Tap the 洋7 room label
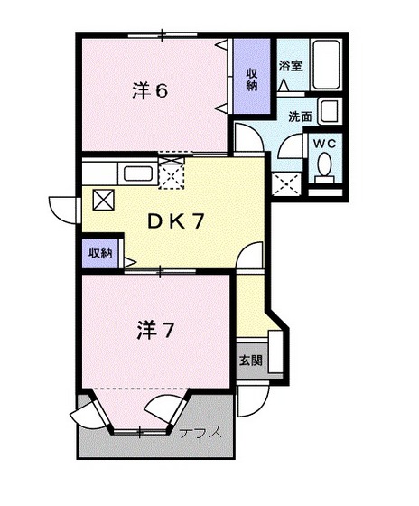pyautogui.click(x=154, y=330)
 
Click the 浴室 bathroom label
pyautogui.click(x=291, y=66)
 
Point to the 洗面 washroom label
pyautogui.click(x=301, y=116)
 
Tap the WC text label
pyautogui.click(x=323, y=143)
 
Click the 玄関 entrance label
pyautogui.click(x=251, y=361)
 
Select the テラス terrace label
pyautogui.click(x=199, y=430)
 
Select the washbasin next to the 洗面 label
pyautogui.click(x=329, y=113)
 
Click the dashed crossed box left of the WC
pyautogui.click(x=288, y=183)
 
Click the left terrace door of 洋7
pyautogui.click(x=89, y=414)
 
